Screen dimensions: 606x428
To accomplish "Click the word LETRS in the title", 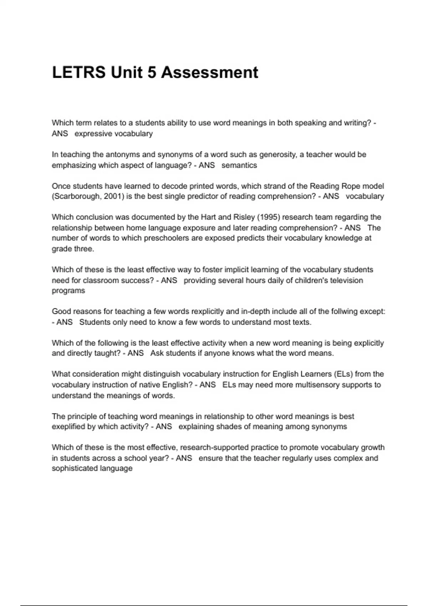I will (x=79, y=73).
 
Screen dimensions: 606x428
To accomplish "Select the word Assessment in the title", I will (x=209, y=73).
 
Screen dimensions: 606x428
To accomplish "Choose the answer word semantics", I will (x=239, y=165).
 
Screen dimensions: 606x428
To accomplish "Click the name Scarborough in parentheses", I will (x=76, y=196).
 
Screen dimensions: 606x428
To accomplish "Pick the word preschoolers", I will (x=166, y=238).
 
